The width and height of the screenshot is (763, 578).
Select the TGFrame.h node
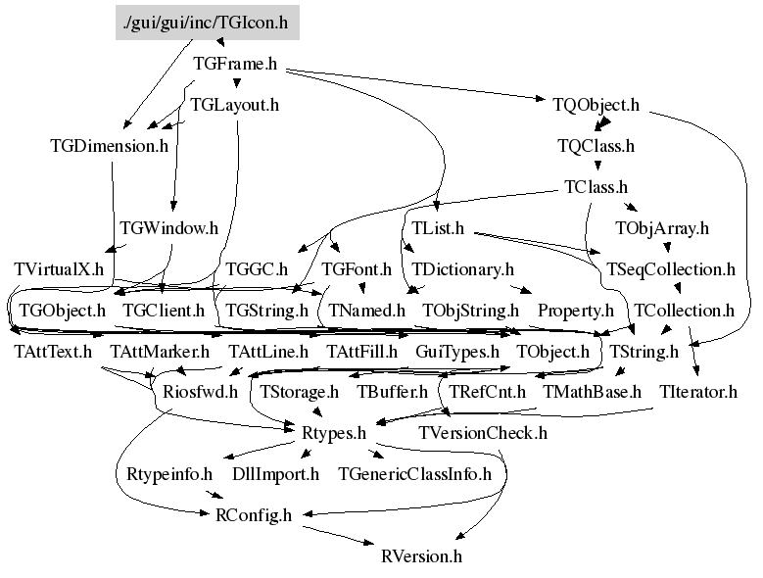click(234, 64)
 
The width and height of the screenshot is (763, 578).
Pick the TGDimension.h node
click(109, 146)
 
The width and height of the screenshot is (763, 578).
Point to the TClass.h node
click(596, 186)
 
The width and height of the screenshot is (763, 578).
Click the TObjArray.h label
click(661, 227)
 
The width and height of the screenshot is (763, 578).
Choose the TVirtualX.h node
click(59, 268)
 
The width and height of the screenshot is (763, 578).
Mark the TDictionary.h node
click(462, 268)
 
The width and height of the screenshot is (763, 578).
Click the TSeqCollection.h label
click(670, 268)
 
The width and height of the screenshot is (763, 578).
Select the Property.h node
click(575, 311)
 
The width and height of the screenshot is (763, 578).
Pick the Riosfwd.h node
click(200, 392)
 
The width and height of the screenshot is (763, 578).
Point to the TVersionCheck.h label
click(482, 432)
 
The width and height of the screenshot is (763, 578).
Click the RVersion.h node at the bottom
click(420, 556)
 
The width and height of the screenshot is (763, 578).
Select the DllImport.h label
click(275, 474)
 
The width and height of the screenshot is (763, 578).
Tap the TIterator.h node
click(697, 392)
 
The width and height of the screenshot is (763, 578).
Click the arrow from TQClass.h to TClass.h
click(596, 167)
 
